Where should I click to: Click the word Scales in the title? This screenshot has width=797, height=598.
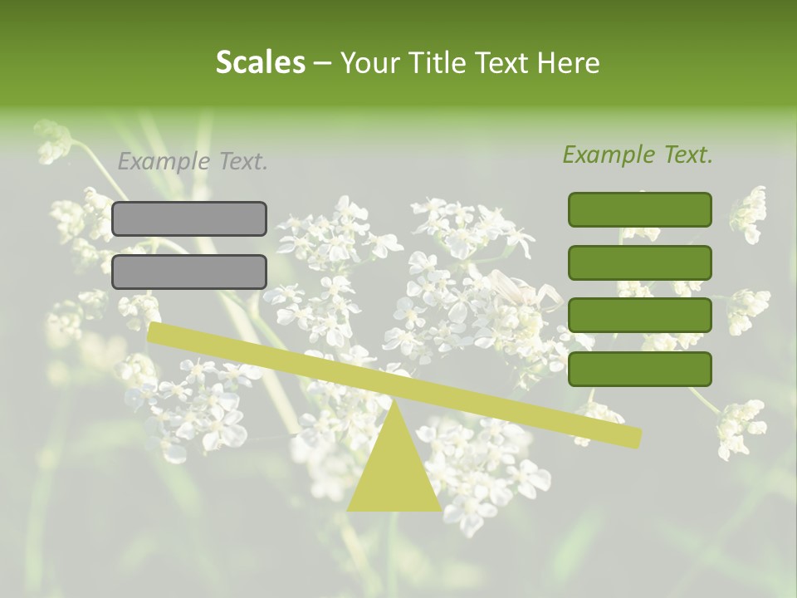coord(260,62)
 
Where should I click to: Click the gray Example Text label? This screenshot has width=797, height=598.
coord(193,162)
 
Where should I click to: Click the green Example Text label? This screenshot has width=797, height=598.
coord(638,154)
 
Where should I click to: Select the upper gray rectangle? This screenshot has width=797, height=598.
coord(189,218)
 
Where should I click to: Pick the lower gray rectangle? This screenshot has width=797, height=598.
coord(189,272)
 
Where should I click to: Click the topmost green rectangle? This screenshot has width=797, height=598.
coord(640,209)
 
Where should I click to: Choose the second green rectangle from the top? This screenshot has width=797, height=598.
coord(640,262)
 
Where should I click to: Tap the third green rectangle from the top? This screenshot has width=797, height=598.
coord(640,316)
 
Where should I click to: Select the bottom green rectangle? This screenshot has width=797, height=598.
coord(640,369)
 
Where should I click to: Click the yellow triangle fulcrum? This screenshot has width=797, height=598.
coord(394,473)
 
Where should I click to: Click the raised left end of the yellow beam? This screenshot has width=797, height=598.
coord(154,331)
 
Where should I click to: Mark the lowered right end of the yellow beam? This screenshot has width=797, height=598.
coord(634,437)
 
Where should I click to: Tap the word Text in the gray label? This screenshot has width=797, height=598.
coord(243,162)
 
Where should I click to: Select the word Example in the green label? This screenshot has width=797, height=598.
coord(609,154)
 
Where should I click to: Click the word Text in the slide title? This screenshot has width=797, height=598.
coord(502,62)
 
